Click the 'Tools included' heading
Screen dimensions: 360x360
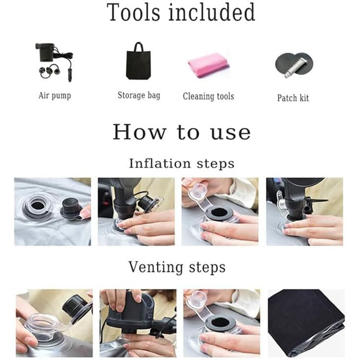181,12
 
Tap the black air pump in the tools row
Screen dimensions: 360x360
45,52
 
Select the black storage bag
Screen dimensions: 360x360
138,61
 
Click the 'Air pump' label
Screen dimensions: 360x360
55,96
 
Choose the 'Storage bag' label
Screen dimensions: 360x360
139,95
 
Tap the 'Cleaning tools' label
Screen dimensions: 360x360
208,96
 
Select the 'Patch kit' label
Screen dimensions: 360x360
293,98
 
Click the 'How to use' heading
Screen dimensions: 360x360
182,132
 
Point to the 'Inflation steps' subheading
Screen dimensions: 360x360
182,164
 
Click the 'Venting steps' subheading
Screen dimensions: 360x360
177,267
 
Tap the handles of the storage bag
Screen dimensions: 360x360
138,47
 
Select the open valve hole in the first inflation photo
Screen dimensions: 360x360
38,205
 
